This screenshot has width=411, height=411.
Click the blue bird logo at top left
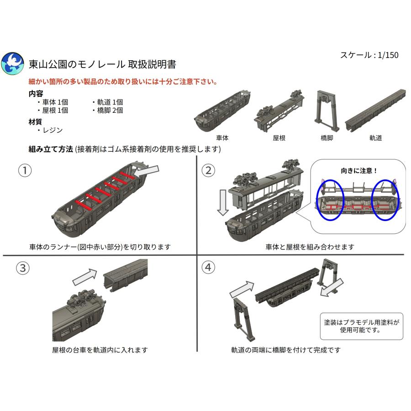pyautogui.click(x=13, y=63)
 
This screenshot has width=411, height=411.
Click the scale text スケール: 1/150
pyautogui.click(x=369, y=55)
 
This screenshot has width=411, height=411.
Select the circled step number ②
pyautogui.click(x=208, y=170)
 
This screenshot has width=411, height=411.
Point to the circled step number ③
pyautogui.click(x=22, y=269)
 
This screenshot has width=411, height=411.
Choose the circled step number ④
pyautogui.click(x=208, y=268)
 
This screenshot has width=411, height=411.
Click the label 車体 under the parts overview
pyautogui.click(x=222, y=137)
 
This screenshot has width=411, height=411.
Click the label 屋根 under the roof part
pyautogui.click(x=279, y=137)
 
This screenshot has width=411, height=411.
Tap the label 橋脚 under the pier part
pyautogui.click(x=327, y=137)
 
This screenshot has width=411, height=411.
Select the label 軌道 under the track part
pyautogui.click(x=375, y=137)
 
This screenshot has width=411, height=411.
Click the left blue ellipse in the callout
pyautogui.click(x=329, y=201)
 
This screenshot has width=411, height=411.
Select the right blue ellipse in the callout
pyautogui.click(x=385, y=201)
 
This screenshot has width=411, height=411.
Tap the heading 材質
pyautogui.click(x=35, y=122)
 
